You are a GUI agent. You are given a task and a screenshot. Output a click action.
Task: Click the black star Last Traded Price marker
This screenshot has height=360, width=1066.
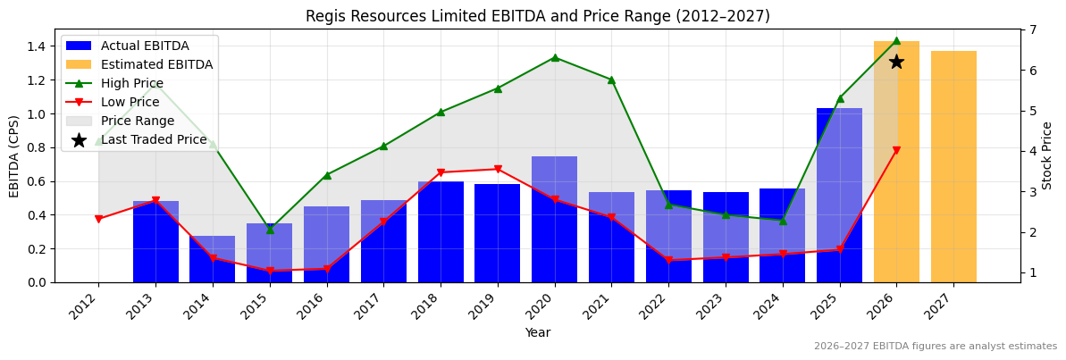[896, 62]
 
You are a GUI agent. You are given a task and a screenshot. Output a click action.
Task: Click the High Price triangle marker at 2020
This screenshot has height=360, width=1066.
[555, 57]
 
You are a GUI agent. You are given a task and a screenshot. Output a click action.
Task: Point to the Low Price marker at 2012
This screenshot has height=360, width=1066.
[98, 219]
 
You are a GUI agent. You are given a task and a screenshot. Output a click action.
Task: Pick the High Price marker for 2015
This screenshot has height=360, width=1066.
[270, 230]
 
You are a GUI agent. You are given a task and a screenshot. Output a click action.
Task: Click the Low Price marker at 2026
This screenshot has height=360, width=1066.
[896, 150]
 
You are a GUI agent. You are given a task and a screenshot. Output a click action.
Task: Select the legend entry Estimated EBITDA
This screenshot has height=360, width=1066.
[156, 64]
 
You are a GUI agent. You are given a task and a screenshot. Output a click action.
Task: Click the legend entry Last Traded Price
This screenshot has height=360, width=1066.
[153, 139]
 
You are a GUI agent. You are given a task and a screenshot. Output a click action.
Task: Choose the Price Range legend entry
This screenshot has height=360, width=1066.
[137, 121]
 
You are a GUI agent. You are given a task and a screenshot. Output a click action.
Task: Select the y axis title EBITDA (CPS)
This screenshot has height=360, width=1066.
[14, 155]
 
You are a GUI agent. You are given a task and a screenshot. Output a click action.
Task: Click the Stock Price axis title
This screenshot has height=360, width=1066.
[1047, 155]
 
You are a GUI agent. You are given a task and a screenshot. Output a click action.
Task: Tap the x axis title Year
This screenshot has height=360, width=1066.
[537, 332]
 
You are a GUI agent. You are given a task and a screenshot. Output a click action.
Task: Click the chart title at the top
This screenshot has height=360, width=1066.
[537, 16]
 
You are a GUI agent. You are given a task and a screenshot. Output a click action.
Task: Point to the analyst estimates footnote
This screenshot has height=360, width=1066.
[935, 347]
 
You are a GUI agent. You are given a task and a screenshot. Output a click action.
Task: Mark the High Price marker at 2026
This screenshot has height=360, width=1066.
[896, 40]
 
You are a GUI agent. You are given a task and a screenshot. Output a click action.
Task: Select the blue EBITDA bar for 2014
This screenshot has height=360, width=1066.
[213, 259]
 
